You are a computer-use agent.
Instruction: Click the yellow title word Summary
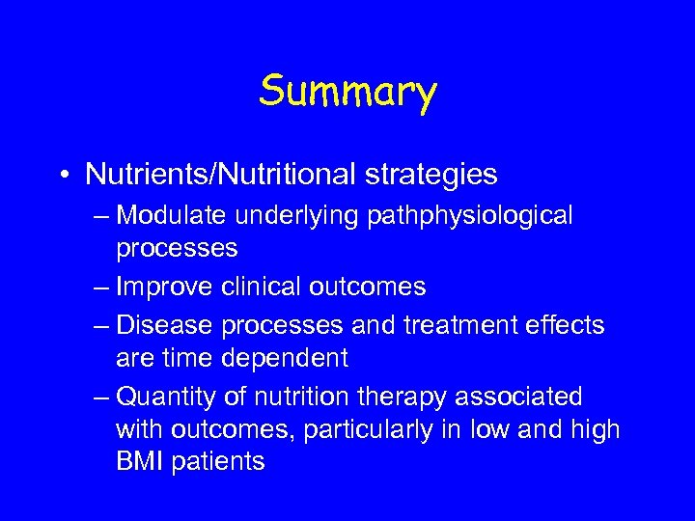(x=347, y=93)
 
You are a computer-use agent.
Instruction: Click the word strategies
(x=440, y=175)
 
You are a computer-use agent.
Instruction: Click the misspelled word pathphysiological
(x=470, y=216)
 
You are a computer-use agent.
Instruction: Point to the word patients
(x=219, y=462)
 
